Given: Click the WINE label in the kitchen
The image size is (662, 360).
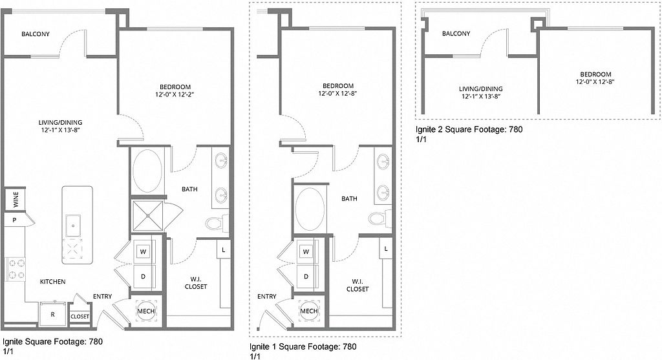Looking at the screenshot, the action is pyautogui.click(x=16, y=199).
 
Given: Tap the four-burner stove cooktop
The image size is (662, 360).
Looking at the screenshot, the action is pyautogui.click(x=16, y=270).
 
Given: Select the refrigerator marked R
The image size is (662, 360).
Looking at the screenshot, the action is pyautogui.click(x=53, y=313).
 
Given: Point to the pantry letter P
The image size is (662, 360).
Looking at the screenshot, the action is pyautogui.click(x=14, y=220).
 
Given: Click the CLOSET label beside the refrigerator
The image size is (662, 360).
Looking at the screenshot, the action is pyautogui.click(x=80, y=317).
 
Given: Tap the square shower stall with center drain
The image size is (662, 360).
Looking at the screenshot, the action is pyautogui.click(x=148, y=216).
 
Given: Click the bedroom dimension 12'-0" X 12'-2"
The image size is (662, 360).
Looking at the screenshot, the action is pyautogui.click(x=175, y=94).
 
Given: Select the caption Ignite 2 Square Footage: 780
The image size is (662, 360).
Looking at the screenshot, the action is pyautogui.click(x=469, y=129).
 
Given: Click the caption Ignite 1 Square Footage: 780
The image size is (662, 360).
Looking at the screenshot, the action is pyautogui.click(x=303, y=347).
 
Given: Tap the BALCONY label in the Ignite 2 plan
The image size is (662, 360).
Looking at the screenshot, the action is pyautogui.click(x=456, y=34).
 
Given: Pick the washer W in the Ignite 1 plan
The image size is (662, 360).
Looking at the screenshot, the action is pyautogui.click(x=306, y=251).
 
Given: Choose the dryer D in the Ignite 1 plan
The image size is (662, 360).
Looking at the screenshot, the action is pyautogui.click(x=306, y=277).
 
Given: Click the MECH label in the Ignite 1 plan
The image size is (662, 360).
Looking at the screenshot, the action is pyautogui.click(x=308, y=311).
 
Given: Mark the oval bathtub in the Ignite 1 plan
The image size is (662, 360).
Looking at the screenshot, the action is pyautogui.click(x=310, y=209).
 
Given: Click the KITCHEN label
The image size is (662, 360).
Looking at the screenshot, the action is pyautogui.click(x=53, y=282).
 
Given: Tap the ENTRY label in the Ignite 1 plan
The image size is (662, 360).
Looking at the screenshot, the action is pyautogui.click(x=267, y=297).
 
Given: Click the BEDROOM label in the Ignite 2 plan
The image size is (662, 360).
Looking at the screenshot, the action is pyautogui.click(x=595, y=74).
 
